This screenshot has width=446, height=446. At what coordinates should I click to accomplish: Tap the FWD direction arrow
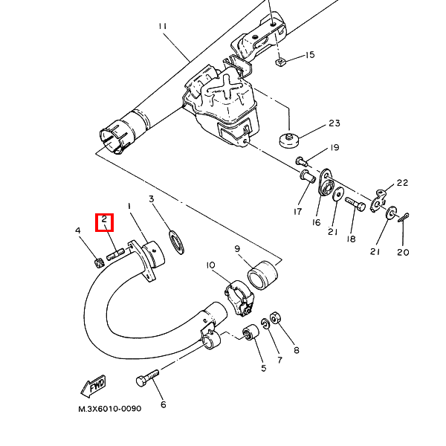(94, 387)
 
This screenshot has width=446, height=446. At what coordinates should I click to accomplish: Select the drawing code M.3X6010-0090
(110, 409)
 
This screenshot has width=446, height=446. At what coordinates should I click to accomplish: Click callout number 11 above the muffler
(162, 27)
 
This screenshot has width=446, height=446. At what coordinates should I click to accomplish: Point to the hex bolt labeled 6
(147, 377)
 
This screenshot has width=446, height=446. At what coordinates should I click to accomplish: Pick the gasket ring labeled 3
(177, 242)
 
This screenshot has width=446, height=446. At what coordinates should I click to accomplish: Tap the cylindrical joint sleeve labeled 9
(262, 275)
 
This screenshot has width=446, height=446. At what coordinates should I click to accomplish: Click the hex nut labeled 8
(275, 317)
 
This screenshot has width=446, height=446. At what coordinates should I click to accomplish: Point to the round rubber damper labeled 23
(289, 140)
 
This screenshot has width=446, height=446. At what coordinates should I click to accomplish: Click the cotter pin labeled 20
(404, 218)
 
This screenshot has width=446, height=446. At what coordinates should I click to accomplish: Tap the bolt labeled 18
(355, 204)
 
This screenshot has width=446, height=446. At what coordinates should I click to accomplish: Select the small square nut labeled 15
(280, 62)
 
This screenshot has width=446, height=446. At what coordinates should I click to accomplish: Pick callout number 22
(402, 183)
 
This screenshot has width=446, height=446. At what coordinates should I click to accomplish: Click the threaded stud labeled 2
(116, 253)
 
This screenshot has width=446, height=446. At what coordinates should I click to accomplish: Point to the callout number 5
(264, 368)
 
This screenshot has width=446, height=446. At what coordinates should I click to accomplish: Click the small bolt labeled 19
(302, 161)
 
